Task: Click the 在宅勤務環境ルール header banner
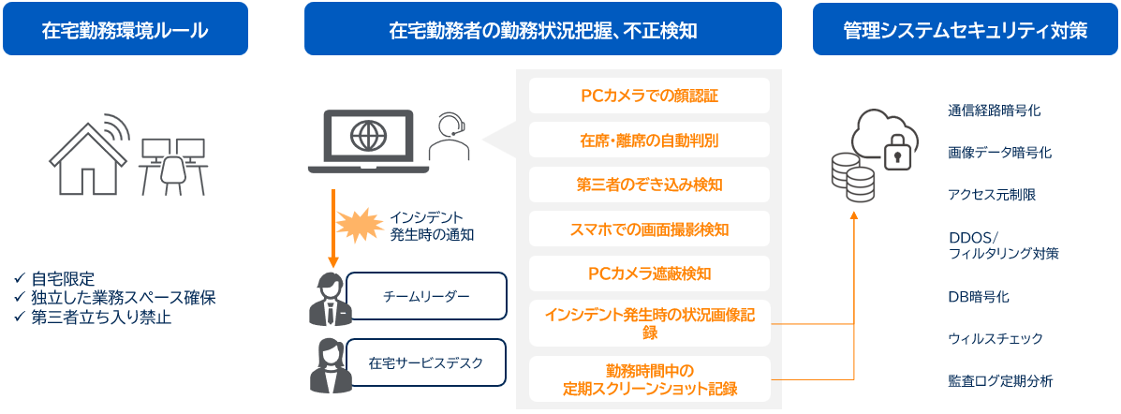(x=125, y=29)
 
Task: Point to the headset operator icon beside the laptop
(x=450, y=139)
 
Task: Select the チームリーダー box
(x=426, y=296)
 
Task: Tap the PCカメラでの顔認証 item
(x=649, y=96)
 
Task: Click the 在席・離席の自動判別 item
(x=649, y=140)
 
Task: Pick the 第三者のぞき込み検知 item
(x=649, y=185)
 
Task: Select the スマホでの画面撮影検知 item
(x=649, y=229)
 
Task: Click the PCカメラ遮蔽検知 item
(x=649, y=274)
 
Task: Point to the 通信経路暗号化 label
(x=994, y=111)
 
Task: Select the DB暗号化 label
(x=978, y=297)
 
